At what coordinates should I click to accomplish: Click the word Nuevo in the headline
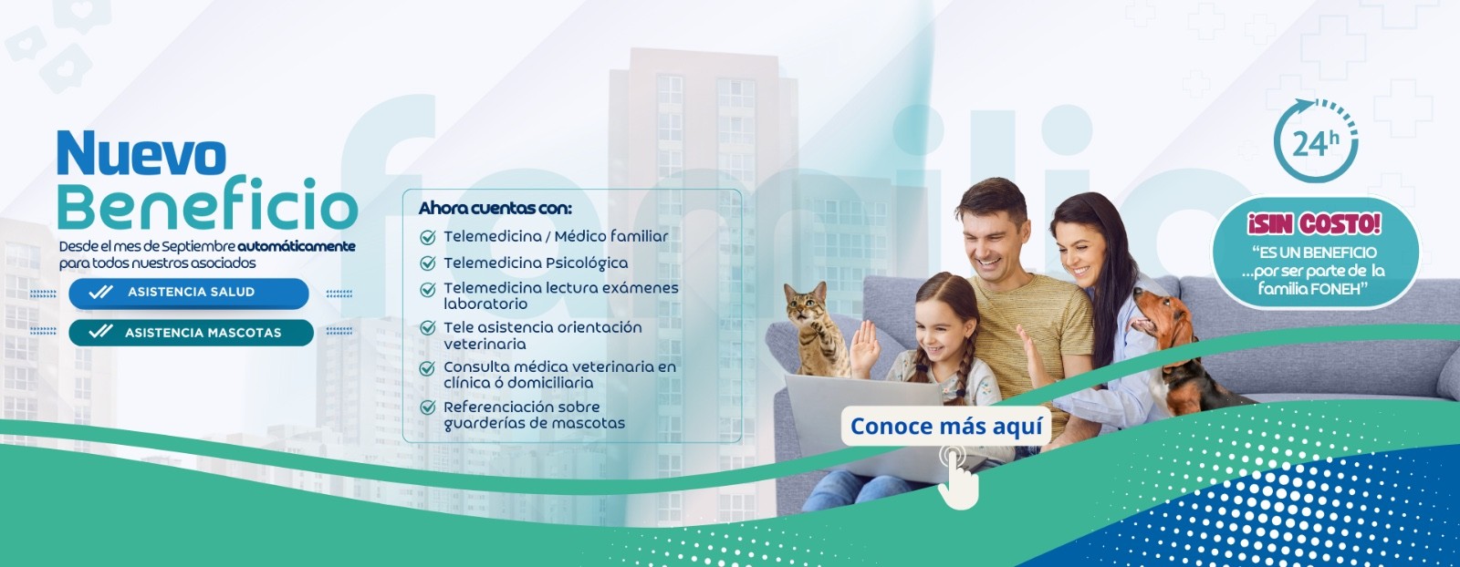tap(141, 154)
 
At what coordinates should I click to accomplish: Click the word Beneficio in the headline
tap(207, 203)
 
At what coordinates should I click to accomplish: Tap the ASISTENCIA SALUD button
tap(188, 293)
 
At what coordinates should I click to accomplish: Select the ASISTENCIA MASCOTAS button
tap(191, 333)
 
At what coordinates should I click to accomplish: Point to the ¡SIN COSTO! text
tap(1314, 224)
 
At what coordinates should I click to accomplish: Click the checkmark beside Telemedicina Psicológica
tap(428, 263)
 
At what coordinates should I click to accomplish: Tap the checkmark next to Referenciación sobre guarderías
tap(428, 408)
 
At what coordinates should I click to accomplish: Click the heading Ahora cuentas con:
tap(495, 209)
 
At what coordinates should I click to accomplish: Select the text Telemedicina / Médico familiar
tap(556, 236)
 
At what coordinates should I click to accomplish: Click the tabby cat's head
tap(806, 304)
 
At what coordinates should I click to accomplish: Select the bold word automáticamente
tap(297, 247)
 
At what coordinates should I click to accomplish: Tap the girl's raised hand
tap(865, 348)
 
